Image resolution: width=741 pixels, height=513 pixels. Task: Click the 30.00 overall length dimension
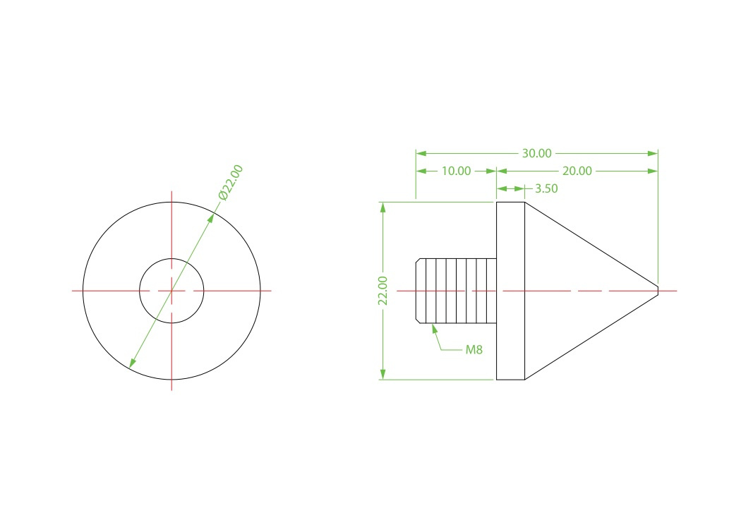[536, 154]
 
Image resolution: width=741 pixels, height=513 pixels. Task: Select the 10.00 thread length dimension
[456, 171]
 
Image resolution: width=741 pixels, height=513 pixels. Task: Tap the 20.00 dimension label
[577, 171]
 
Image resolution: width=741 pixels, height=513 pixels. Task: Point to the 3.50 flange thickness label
[546, 188]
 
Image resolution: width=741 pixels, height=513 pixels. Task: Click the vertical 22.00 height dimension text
[382, 291]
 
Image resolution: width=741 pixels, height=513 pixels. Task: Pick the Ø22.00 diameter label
[231, 182]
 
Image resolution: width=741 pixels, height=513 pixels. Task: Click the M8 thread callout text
[474, 349]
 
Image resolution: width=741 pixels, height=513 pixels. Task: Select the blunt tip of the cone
[657, 291]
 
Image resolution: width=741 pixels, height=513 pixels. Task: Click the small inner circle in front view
[171, 258]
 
